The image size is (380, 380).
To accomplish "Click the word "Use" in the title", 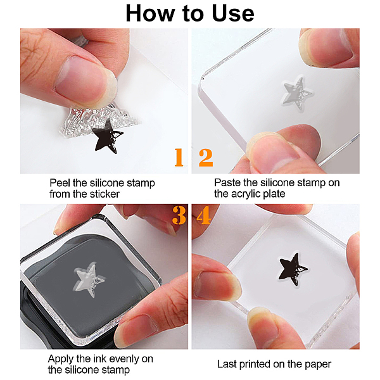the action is pos(233,13).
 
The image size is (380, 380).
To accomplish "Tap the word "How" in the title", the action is pos(150,13).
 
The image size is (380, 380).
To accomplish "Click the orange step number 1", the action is pos(179,158).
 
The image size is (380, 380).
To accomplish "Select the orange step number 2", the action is pos(206,158).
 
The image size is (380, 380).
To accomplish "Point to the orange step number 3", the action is pos(179,215).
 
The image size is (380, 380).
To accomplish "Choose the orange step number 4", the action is pos(203,215).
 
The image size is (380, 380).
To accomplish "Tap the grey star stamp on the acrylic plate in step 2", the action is pos(296,94).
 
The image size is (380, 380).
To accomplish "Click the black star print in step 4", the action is pos(293,270).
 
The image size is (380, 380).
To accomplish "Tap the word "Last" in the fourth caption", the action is pos(227,364).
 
